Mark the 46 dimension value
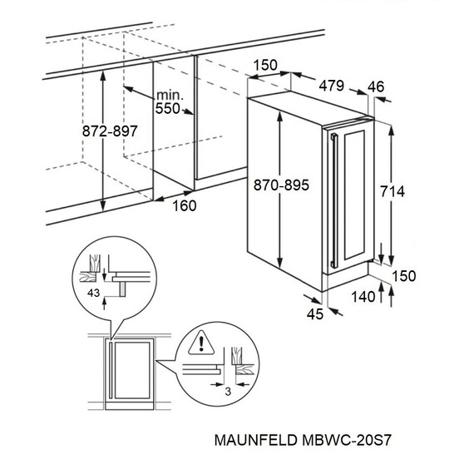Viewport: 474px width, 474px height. (x=375, y=86)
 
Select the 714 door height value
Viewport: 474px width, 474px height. (x=391, y=192)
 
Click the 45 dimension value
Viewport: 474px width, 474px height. (x=314, y=313)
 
